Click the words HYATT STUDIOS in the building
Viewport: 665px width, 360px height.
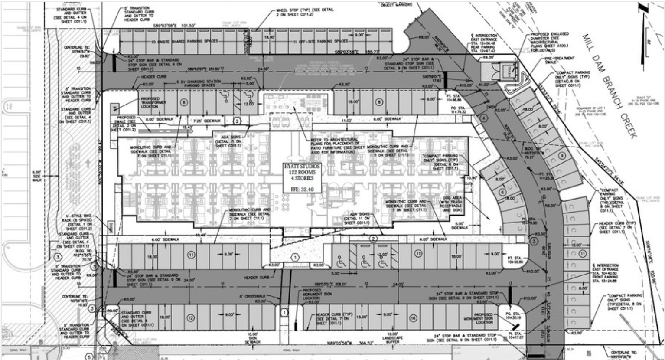[303, 167]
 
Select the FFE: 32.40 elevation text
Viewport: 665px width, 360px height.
[303, 189]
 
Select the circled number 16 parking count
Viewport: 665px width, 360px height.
[413, 318]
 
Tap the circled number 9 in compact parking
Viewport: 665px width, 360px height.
[562, 155]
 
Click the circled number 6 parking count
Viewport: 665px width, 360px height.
[502, 192]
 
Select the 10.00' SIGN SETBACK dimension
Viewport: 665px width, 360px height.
[252, 337]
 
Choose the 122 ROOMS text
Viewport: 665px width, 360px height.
[303, 173]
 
